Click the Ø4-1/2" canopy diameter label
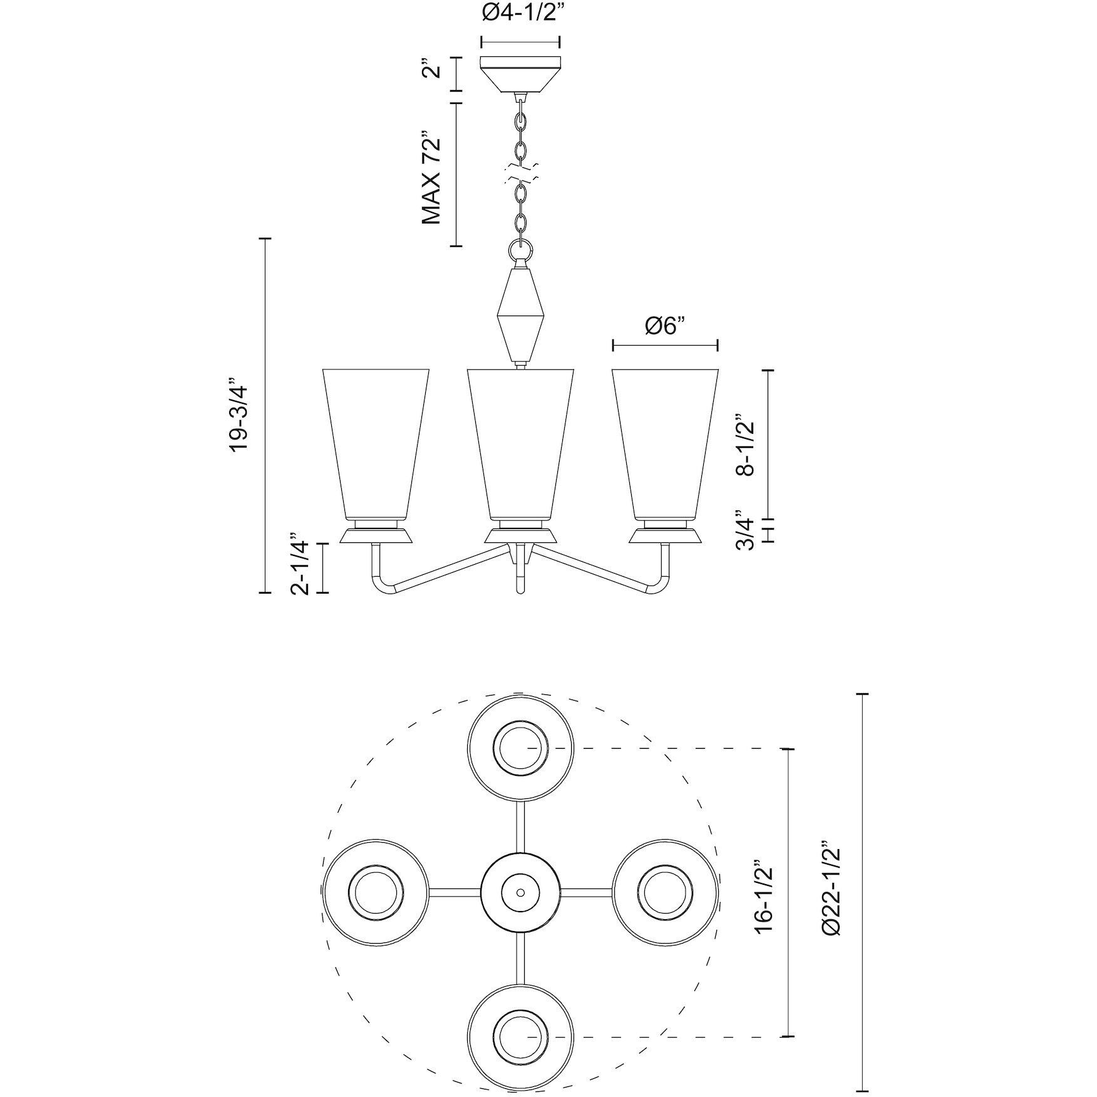tap(520, 14)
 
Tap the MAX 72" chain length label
tap(431, 178)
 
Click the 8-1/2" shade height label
tap(746, 445)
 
